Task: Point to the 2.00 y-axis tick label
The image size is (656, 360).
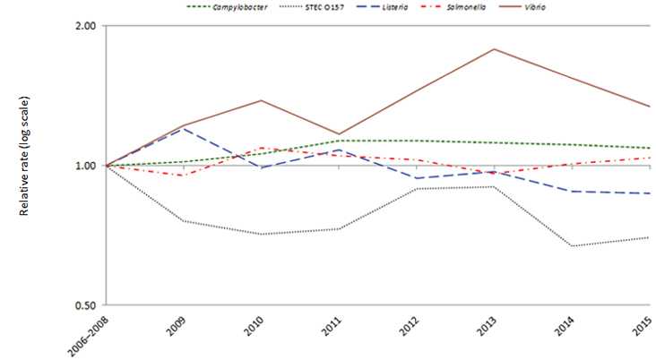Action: pos(85,26)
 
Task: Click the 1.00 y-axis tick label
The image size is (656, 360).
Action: pos(85,166)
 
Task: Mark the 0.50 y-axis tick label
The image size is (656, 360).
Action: pos(85,305)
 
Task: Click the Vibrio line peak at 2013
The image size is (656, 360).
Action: pos(495,48)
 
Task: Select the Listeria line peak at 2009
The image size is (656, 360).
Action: pos(183,128)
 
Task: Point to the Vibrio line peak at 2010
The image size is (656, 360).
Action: pos(261,100)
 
